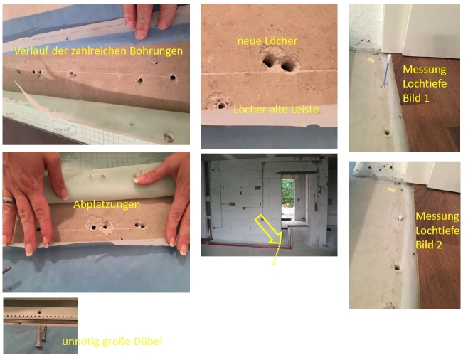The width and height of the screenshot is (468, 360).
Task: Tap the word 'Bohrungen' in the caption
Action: coord(156,51)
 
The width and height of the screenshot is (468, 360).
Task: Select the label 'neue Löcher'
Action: coord(267,41)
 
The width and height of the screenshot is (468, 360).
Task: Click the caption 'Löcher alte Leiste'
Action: coord(276,110)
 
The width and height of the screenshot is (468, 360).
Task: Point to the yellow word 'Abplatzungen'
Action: coord(107,205)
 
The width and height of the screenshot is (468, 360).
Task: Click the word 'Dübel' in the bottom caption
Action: coord(148,342)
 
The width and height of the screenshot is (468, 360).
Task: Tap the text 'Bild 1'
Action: coord(416,98)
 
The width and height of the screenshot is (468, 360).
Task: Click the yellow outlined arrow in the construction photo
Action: coord(268,229)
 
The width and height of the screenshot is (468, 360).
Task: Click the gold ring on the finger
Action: coord(8,201)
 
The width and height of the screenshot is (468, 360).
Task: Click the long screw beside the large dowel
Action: coord(39,336)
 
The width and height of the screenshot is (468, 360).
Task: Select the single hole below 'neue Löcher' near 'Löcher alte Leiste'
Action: coord(221,105)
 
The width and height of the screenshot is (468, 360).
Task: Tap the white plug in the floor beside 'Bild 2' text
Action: coord(400,217)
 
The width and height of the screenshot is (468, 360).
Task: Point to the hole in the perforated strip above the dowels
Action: coord(39,312)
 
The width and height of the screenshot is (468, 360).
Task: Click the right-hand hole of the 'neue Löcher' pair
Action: coord(288,66)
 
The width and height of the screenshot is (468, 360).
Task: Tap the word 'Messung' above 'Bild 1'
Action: coord(425,70)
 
